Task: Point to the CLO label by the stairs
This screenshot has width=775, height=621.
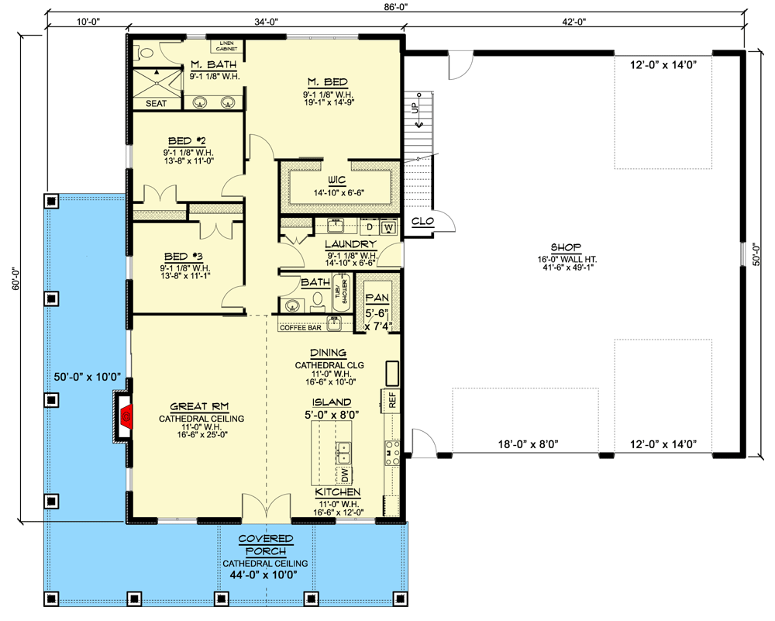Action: [x=422, y=222]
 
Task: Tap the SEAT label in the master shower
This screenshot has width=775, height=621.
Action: [x=155, y=102]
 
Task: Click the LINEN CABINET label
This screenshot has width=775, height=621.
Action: [x=227, y=46]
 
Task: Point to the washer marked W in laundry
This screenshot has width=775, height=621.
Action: [x=387, y=226]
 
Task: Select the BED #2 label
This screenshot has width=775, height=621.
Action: [x=186, y=140]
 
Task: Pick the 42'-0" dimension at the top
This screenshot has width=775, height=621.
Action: [x=573, y=22]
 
